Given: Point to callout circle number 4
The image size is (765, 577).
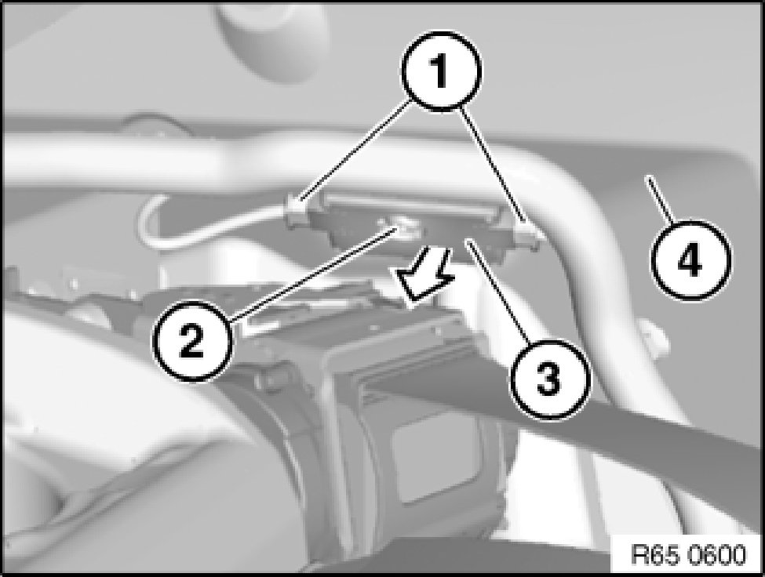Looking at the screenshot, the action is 690,259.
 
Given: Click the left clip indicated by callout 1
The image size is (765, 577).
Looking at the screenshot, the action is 296,211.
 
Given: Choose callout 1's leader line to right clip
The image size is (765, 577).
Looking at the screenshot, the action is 493,165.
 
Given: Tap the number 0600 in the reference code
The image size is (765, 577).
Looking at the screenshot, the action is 716,554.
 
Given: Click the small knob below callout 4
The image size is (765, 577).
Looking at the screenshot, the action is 654,337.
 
